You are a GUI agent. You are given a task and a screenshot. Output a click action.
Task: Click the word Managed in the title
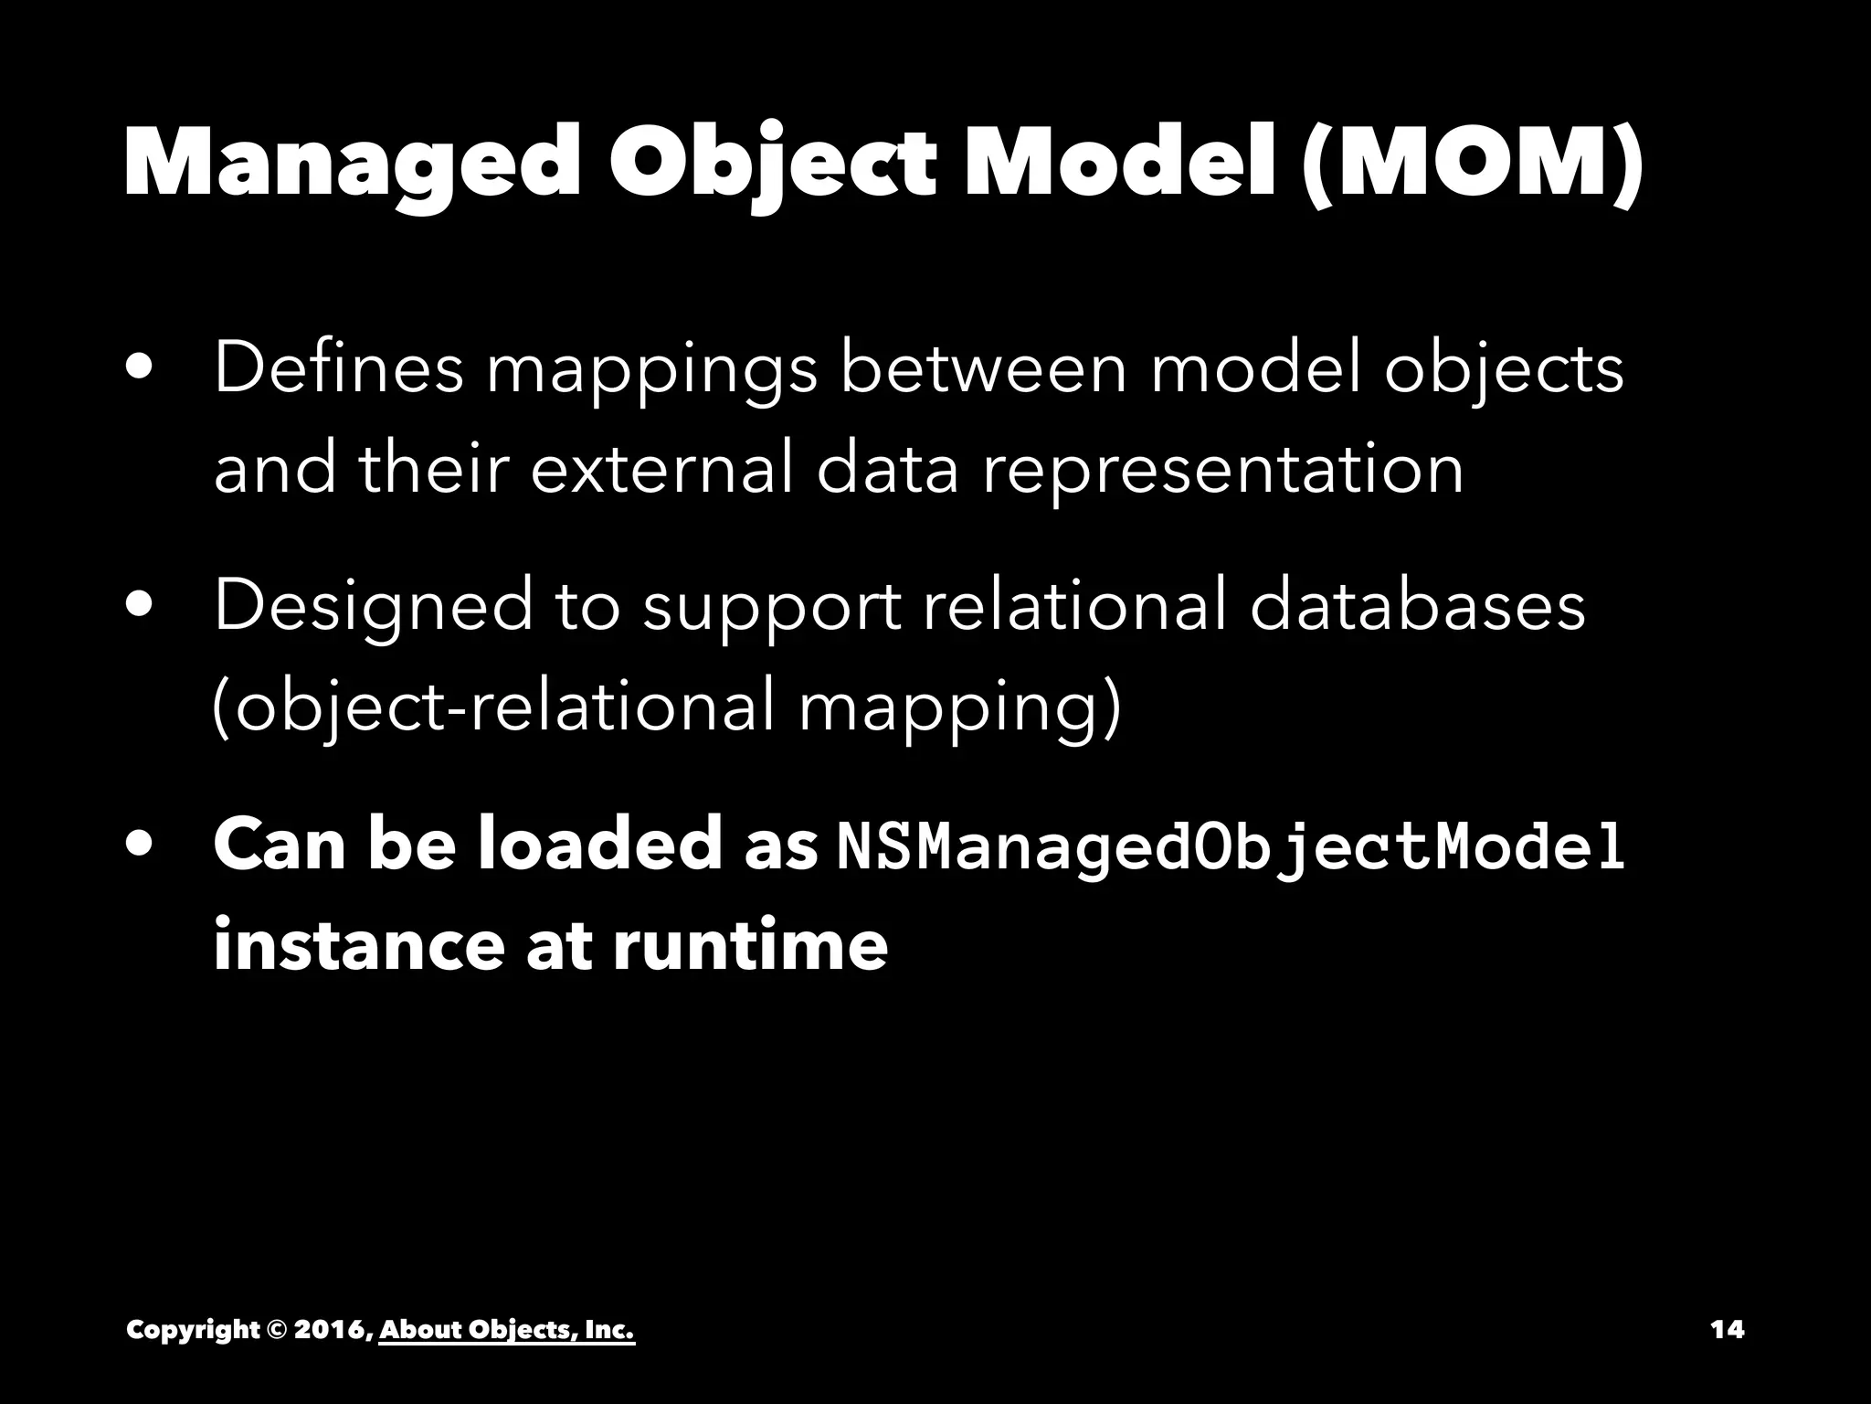pyautogui.click(x=351, y=163)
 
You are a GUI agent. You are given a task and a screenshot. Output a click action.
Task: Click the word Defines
pyautogui.click(x=338, y=368)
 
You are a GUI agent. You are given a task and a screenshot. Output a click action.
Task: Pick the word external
pyautogui.click(x=661, y=469)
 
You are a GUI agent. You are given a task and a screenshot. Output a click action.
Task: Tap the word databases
pyautogui.click(x=1417, y=606)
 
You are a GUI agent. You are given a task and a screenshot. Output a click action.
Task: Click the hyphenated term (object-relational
pyautogui.click(x=493, y=708)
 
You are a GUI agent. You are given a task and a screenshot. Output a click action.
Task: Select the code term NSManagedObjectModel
pyautogui.click(x=1231, y=846)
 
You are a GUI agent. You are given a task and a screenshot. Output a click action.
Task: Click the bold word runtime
pyautogui.click(x=749, y=945)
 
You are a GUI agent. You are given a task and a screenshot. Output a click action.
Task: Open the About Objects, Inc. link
pyautogui.click(x=506, y=1329)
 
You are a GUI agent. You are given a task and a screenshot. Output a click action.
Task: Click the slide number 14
pyautogui.click(x=1727, y=1329)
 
